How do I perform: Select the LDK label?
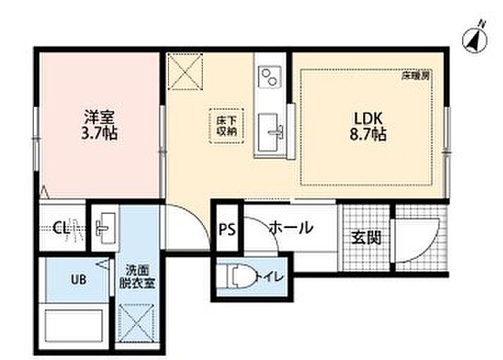click(367, 117)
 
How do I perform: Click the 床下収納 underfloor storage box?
click(227, 126)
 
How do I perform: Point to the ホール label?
click(291, 229)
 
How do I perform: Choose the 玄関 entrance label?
click(366, 236)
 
